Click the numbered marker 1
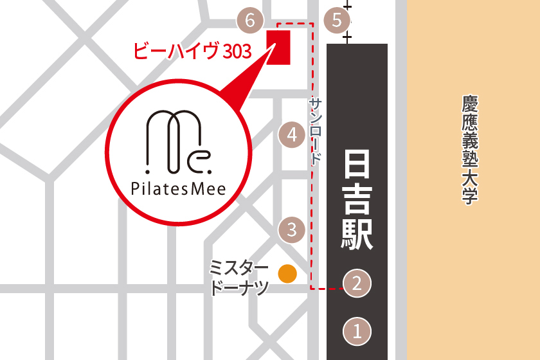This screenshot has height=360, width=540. pyautogui.click(x=358, y=331)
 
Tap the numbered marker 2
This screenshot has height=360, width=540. pyautogui.click(x=358, y=283)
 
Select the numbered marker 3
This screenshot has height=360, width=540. pyautogui.click(x=292, y=229)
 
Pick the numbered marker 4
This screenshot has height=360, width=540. pyautogui.click(x=292, y=135)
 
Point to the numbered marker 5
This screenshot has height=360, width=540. pyautogui.click(x=337, y=21)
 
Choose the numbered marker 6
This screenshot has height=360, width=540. pyautogui.click(x=250, y=21)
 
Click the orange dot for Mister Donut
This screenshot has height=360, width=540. pyautogui.click(x=287, y=274)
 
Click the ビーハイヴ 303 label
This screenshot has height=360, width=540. pyautogui.click(x=192, y=51)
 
